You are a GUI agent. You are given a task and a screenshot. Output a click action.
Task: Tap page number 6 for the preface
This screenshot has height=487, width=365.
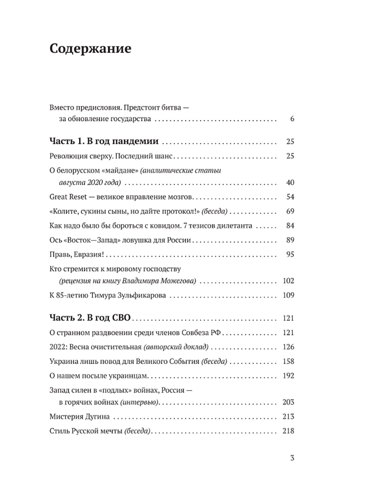(291, 119)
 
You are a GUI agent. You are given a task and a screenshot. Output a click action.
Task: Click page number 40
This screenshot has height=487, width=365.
(289, 183)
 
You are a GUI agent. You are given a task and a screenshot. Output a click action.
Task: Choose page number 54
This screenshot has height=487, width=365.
(289, 197)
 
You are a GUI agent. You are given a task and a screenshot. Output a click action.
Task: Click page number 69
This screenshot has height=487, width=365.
(289, 211)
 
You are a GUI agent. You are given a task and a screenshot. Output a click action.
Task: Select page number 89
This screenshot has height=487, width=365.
(289, 240)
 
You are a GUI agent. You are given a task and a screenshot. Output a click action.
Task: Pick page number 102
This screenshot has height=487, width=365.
(288, 281)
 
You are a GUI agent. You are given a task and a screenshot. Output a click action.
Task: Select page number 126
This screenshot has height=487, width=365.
(288, 347)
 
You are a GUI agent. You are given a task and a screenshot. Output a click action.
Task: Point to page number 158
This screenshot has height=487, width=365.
(288, 361)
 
